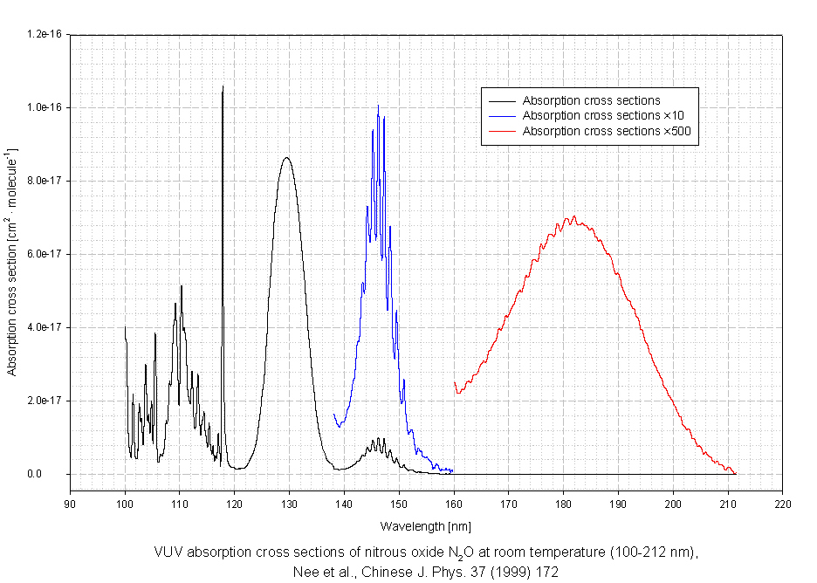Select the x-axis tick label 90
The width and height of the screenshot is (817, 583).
pos(71,504)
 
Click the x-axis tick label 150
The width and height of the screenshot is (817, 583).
pos(399,504)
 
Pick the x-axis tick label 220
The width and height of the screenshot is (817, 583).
pos(783,504)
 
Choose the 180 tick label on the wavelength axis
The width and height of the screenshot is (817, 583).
pos(564,504)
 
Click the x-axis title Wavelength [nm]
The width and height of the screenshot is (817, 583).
pos(426,525)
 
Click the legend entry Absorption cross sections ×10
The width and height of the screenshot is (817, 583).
pos(591,115)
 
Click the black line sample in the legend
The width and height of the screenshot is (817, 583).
pos(501,100)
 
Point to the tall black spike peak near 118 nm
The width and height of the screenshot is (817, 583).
pos(223,86)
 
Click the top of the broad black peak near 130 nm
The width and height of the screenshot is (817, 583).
pos(286,158)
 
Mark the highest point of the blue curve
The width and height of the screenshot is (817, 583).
pos(378,106)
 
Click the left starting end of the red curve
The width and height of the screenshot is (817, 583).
pos(455,383)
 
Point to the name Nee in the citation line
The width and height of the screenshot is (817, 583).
pos(301,572)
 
